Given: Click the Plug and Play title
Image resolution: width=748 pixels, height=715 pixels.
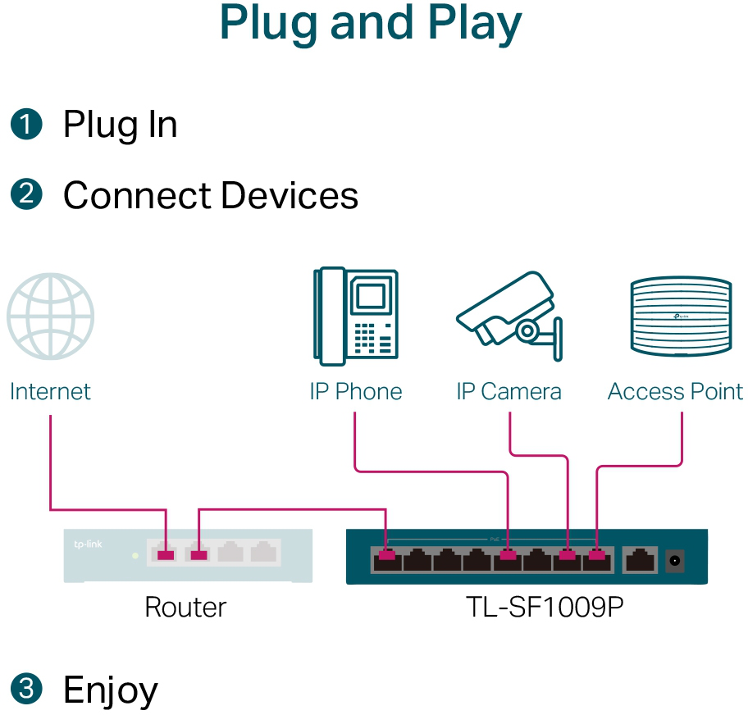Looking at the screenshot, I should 371,25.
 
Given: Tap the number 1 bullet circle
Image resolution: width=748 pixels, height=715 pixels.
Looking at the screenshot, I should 25,125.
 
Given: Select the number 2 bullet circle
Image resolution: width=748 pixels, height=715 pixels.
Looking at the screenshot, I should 25,195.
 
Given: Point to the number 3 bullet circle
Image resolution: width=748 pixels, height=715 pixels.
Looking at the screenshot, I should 25,689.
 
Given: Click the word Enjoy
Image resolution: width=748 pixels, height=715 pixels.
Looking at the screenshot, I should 111,690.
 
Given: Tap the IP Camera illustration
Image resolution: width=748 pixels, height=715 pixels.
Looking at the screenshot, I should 509,317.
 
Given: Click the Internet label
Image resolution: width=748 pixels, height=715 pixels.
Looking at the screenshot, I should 50,392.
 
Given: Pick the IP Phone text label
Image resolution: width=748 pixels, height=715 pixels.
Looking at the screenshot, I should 355,392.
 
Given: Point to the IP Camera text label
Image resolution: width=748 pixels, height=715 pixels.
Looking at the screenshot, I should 509,392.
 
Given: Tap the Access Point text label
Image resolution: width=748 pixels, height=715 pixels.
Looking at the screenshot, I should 675,392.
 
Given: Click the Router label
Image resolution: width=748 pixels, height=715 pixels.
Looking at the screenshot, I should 185,608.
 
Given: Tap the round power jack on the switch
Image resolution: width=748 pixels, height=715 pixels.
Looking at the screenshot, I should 676,562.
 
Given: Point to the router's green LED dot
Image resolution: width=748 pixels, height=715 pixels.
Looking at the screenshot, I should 135,555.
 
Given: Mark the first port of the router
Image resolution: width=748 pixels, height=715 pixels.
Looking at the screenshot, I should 166,552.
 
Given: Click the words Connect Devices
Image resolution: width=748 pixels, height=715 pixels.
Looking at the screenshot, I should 211,196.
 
